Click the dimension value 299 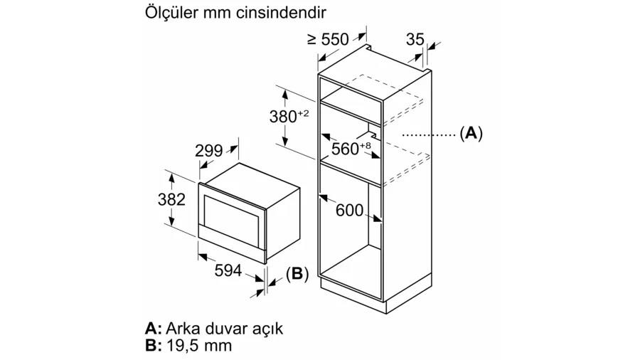click(208, 151)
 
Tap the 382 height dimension click(171, 200)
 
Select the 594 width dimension click(228, 270)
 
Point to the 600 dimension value click(349, 210)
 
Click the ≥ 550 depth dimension click(328, 40)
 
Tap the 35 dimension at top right click(415, 39)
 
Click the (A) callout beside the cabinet click(471, 134)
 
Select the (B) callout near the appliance click(297, 273)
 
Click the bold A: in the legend click(154, 328)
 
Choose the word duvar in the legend click(225, 328)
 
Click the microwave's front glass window click(232, 220)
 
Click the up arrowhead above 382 click(171, 178)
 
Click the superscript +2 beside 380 click(303, 113)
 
